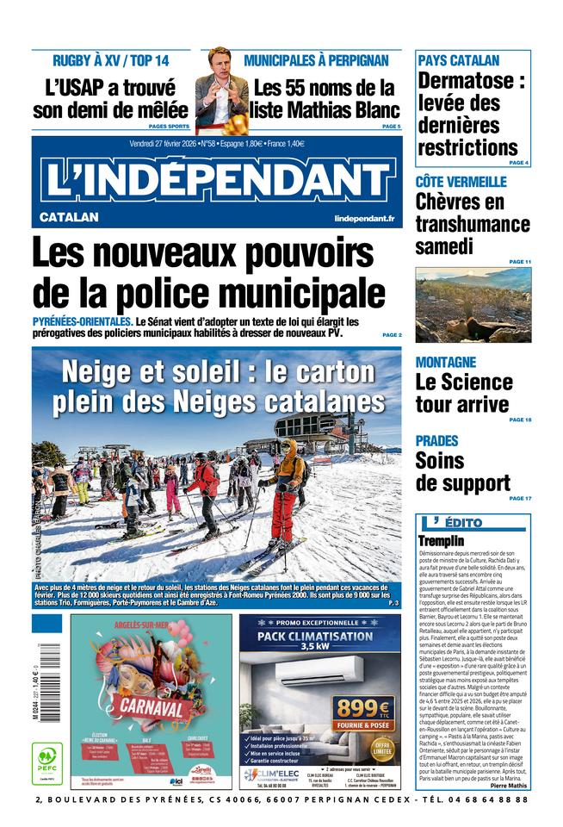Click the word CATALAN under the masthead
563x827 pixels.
[69, 217]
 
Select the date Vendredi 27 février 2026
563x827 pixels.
[169, 144]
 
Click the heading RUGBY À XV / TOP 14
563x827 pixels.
[110, 60]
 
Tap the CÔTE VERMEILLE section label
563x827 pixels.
[461, 182]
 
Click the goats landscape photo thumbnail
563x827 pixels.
[473, 304]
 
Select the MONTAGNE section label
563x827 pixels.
[445, 362]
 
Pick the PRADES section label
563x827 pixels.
[436, 440]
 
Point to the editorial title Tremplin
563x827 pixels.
[441, 540]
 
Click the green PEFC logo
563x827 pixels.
[46, 762]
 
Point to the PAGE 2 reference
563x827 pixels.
[392, 334]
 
